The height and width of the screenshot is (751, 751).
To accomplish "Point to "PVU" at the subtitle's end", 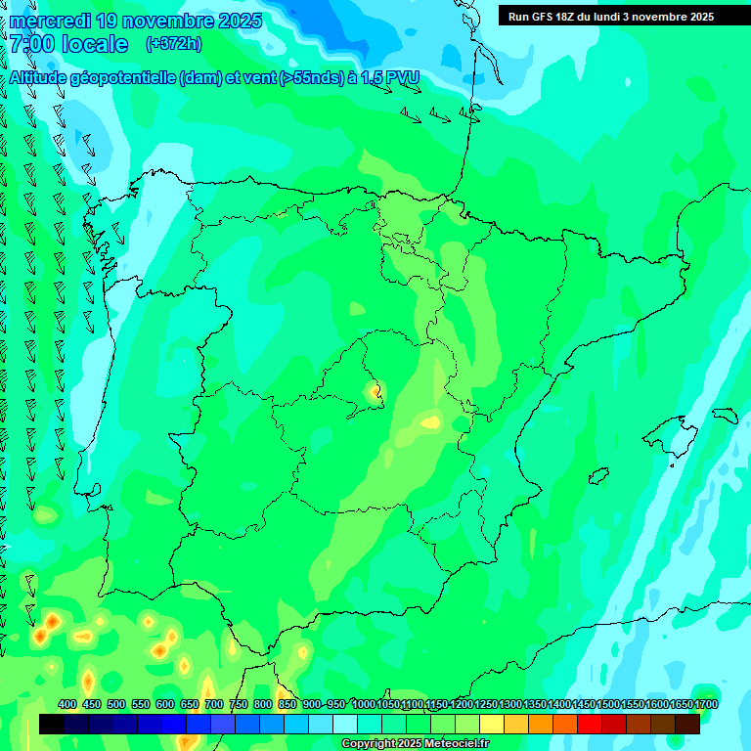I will pos(402,78).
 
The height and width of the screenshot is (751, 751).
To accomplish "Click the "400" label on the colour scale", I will pos(67,704).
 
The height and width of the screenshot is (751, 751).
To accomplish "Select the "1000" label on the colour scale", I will pos(364,704).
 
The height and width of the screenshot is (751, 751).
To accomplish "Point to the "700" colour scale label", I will pos(214,704).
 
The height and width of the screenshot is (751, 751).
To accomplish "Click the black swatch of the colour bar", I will pos(52,725).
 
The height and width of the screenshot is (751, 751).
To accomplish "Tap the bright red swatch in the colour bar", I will pos(590,725).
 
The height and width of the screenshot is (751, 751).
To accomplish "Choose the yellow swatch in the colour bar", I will pos(492,725).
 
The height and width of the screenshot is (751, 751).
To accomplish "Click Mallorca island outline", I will pos(684,429).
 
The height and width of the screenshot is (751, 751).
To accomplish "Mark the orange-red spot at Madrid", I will pos(375,392).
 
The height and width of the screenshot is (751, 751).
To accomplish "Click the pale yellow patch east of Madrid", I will pos(430,422).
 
